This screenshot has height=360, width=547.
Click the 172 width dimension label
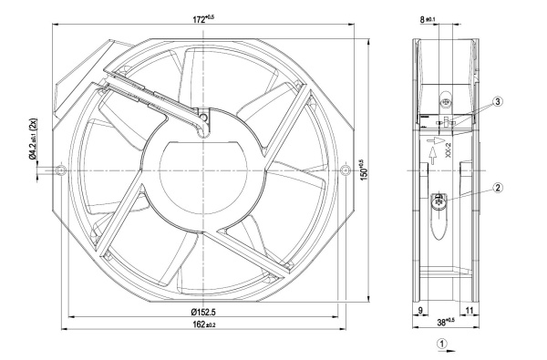203,19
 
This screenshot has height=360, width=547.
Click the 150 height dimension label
363,170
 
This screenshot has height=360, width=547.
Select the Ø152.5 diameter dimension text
203,312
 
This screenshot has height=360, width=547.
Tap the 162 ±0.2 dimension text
204,324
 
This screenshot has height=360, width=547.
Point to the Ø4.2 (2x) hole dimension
33,139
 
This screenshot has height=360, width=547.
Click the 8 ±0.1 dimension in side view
428,19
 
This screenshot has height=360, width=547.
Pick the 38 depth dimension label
446,323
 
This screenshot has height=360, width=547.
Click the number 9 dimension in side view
420,310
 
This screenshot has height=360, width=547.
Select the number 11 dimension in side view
470,310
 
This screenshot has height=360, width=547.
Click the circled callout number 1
442,344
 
